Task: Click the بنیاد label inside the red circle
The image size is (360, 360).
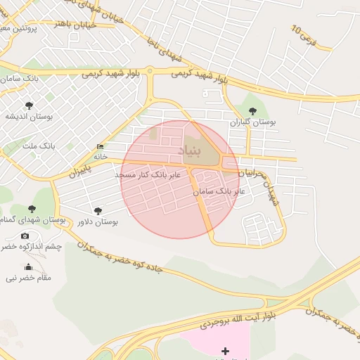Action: click(188, 151)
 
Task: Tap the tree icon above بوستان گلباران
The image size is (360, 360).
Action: click(253, 110)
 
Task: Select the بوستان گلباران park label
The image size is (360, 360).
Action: click(253, 122)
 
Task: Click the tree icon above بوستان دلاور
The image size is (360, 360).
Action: click(97, 210)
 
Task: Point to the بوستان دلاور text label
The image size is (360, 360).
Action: click(97, 222)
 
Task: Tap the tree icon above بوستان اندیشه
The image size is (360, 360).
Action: click(28, 105)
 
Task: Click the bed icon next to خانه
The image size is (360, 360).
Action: click(101, 146)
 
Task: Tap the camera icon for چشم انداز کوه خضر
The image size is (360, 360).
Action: click(25, 236)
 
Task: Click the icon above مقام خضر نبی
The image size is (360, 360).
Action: click(28, 266)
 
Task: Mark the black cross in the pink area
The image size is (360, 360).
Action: click(225, 350)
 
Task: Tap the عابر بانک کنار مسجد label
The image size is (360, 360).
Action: click(148, 174)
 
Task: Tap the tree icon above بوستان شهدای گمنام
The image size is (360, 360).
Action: click(32, 209)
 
